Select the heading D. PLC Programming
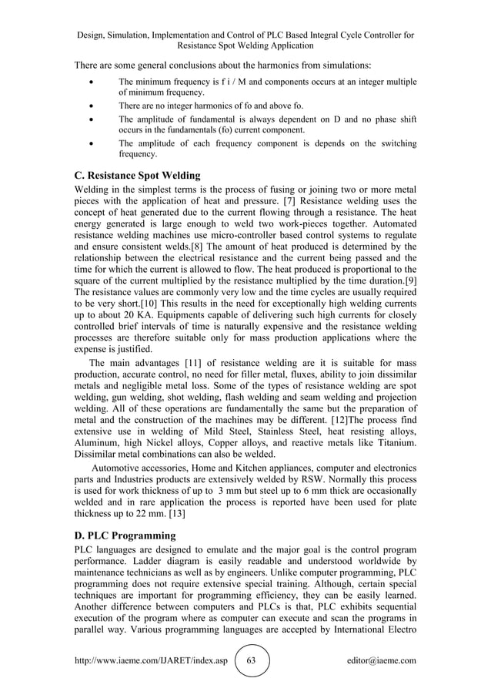coord(125,535)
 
